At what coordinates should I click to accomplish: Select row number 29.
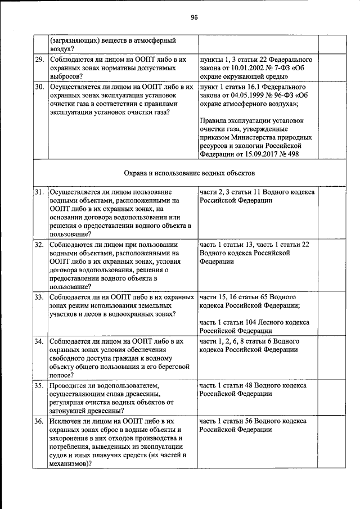point(39,58)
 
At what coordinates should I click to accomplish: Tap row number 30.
point(39,88)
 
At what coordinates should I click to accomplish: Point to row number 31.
point(39,192)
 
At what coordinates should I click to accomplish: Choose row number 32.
point(39,245)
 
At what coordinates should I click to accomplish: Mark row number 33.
point(39,296)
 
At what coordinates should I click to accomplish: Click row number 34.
point(39,341)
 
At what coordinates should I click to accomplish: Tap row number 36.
point(39,421)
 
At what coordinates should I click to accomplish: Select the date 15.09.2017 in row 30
point(264,154)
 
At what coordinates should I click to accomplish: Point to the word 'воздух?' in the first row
point(63,49)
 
